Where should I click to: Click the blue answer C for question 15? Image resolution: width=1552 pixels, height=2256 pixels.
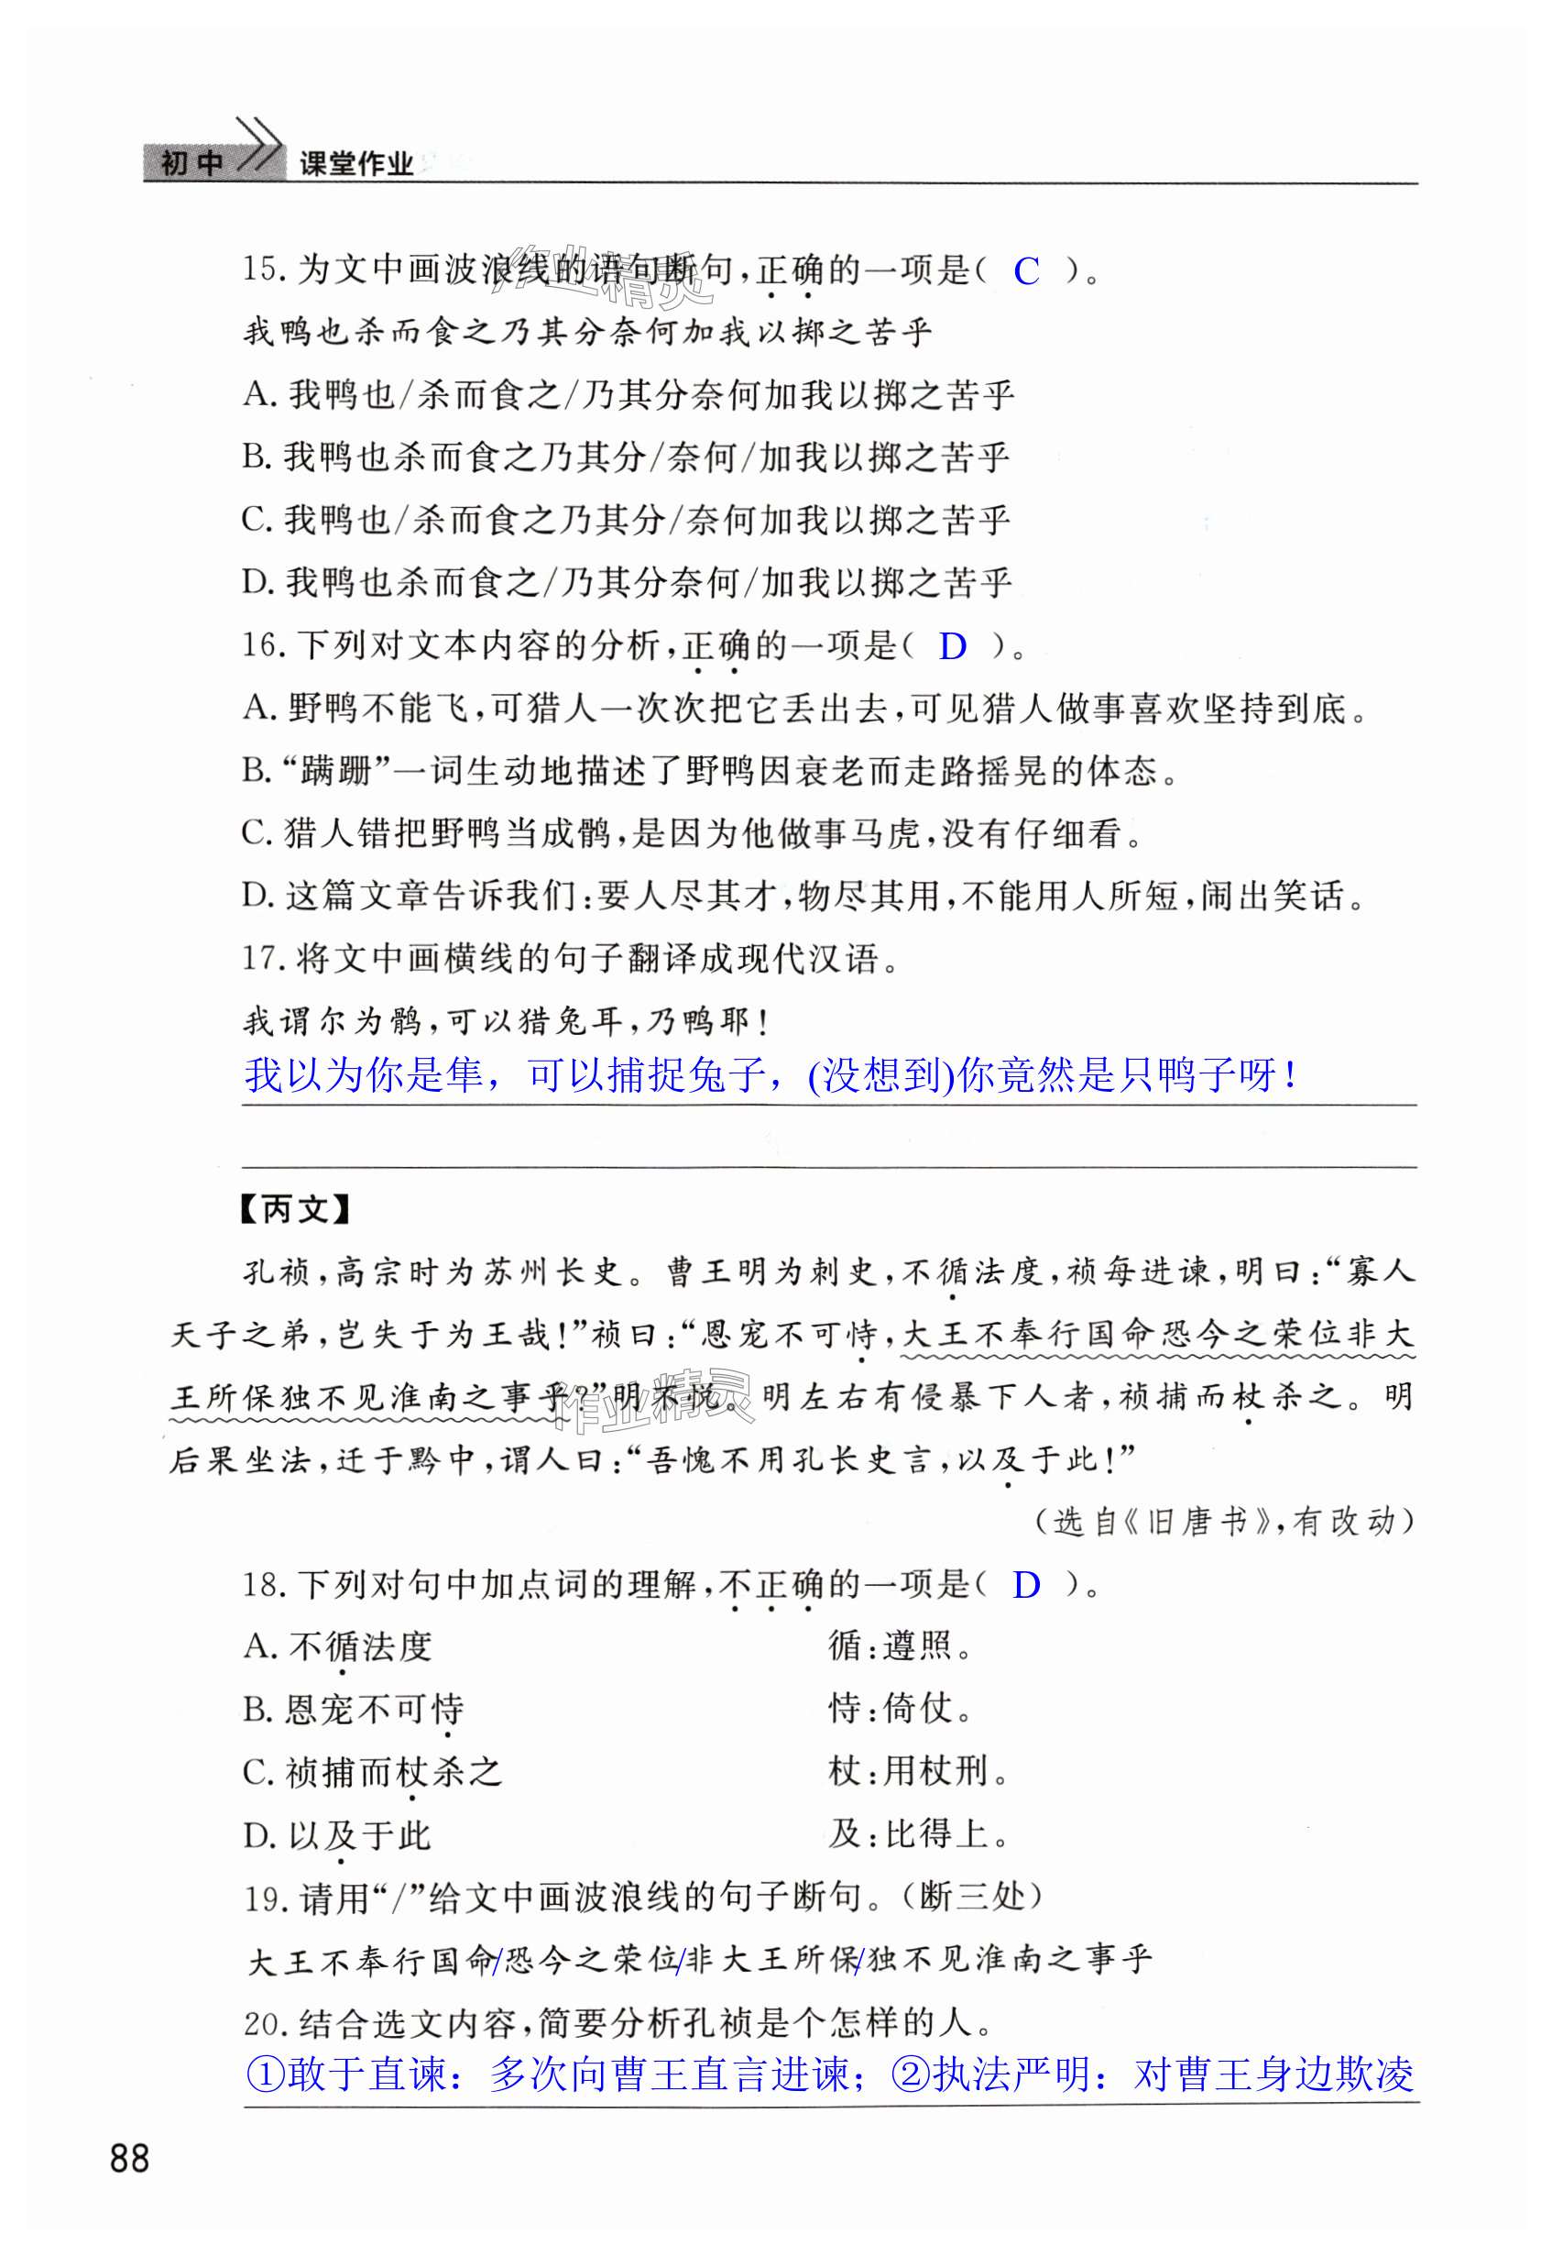tap(1026, 271)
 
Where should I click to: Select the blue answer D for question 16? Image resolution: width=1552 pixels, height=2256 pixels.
tap(952, 647)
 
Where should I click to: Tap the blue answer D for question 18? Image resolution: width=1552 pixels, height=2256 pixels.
tap(1026, 1586)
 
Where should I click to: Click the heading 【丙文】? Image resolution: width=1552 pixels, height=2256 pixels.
tap(295, 1210)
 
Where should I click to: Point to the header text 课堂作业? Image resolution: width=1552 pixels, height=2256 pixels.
tap(355, 163)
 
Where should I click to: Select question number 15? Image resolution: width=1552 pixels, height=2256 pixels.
tap(262, 270)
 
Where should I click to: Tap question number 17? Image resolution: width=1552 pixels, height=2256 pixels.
tap(262, 959)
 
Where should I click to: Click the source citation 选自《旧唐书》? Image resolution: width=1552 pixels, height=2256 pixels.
tap(1165, 1522)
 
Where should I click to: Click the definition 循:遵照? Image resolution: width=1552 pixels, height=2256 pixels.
tap(901, 1646)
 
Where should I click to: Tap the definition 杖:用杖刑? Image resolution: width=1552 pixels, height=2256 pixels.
tap(919, 1773)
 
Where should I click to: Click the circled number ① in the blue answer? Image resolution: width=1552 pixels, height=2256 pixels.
tap(265, 2075)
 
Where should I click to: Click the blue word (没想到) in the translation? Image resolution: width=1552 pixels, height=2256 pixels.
tap(881, 1076)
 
